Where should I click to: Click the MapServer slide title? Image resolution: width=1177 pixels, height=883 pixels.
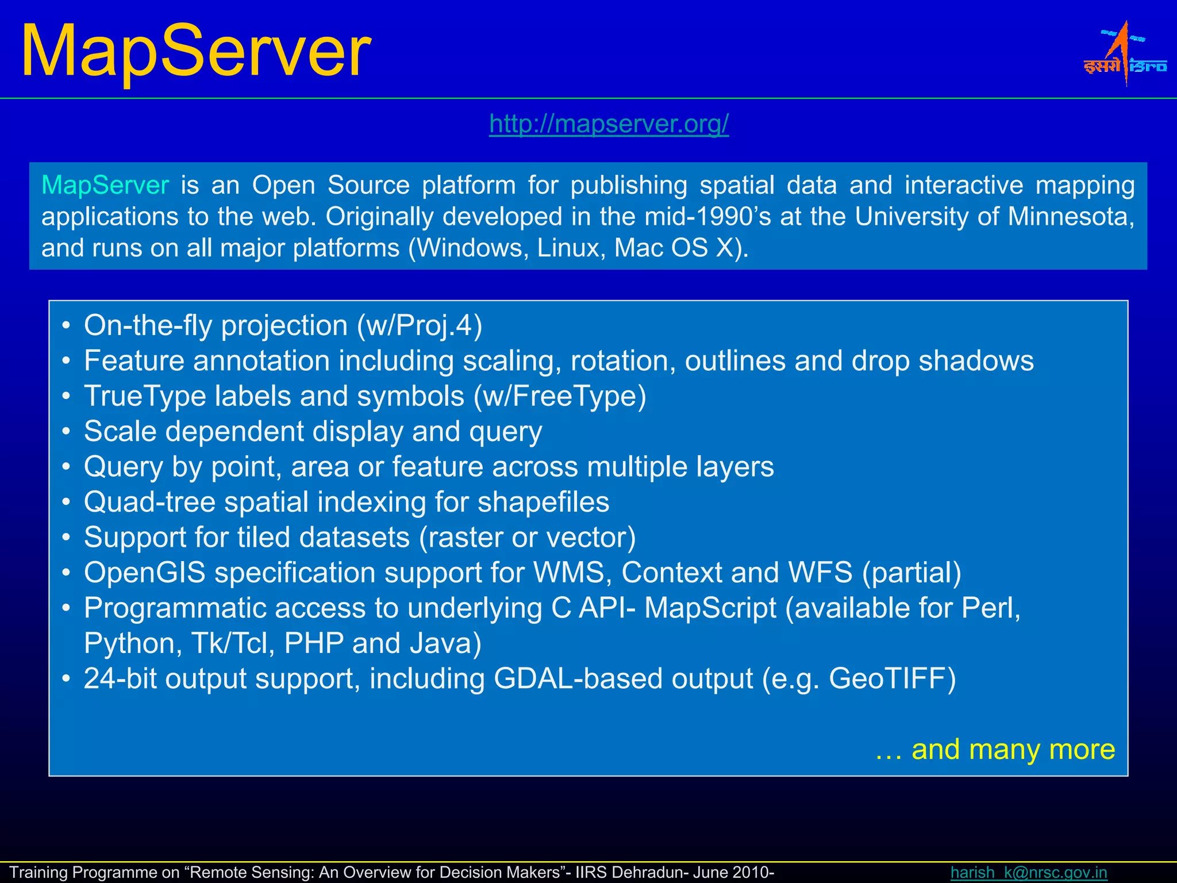[196, 52]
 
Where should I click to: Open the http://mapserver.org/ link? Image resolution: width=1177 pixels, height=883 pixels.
[609, 124]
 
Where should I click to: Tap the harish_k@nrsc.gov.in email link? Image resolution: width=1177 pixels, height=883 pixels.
[1028, 872]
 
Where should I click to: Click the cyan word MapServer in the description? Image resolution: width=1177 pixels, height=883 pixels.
[105, 186]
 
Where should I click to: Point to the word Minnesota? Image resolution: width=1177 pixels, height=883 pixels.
[1070, 217]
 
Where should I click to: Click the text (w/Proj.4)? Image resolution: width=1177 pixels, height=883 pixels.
[420, 326]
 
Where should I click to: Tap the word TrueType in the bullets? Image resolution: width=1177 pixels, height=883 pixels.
[145, 397]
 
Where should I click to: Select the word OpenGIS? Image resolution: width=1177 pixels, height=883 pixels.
[145, 573]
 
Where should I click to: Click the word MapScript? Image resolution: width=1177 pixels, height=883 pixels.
[710, 608]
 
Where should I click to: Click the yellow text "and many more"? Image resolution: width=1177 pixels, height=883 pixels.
[1013, 750]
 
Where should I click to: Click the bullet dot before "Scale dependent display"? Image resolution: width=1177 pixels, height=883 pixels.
[67, 432]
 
